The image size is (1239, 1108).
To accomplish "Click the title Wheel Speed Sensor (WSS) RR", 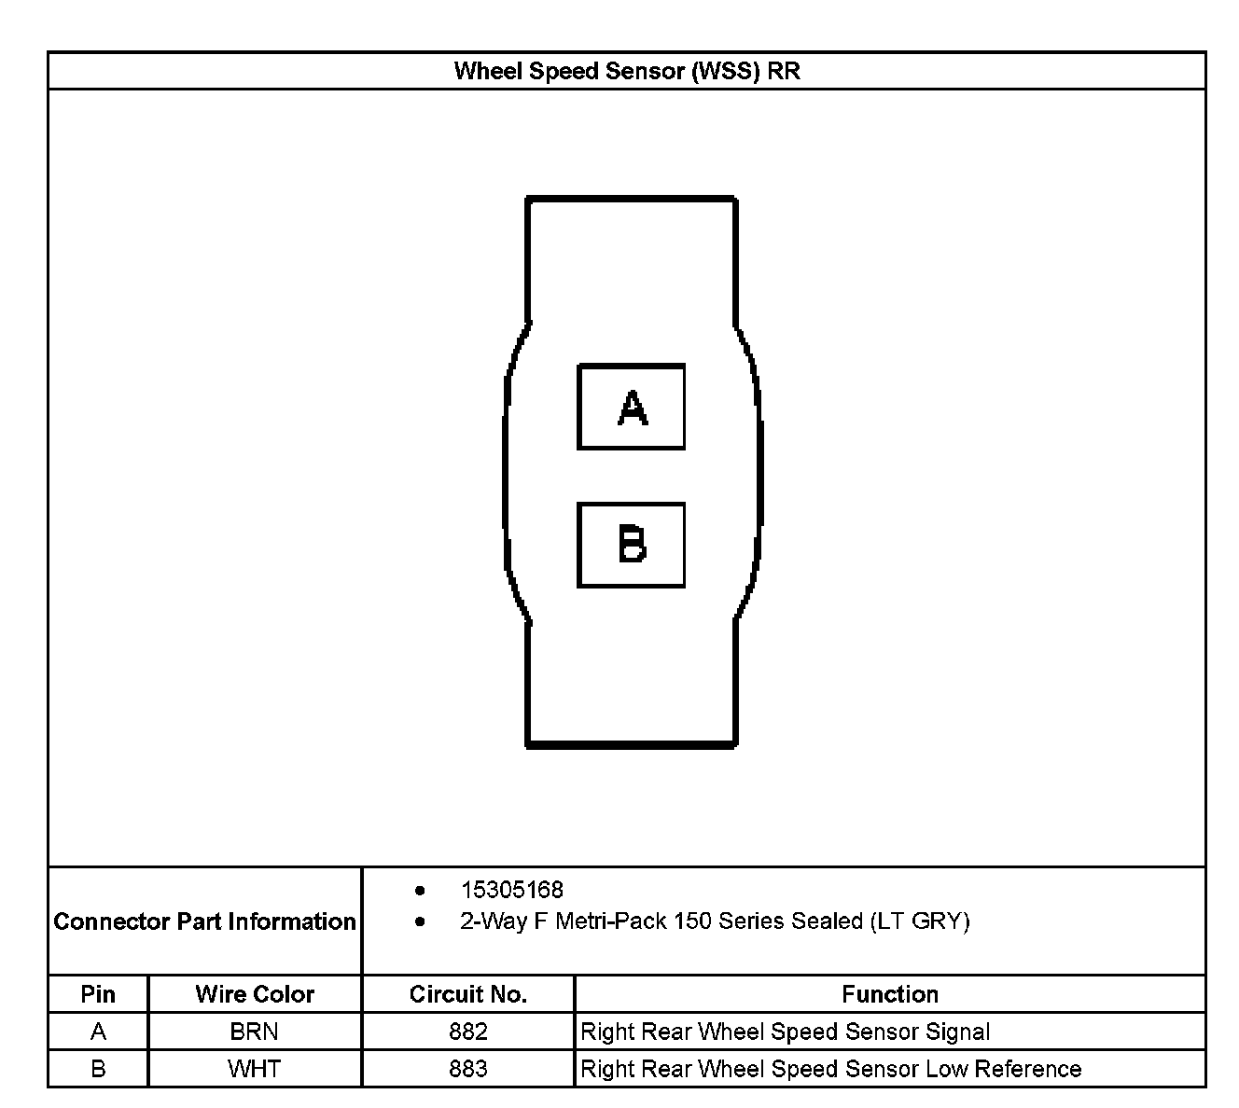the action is [x=626, y=71].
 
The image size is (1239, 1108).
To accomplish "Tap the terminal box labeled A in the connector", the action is [x=632, y=407].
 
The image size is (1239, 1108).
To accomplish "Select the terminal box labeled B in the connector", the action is [x=632, y=545].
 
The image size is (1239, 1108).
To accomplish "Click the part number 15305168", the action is [x=512, y=890].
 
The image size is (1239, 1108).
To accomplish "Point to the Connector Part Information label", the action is [x=204, y=921].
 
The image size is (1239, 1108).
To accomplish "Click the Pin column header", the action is [x=98, y=994].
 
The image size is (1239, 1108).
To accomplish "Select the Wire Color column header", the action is [x=255, y=994].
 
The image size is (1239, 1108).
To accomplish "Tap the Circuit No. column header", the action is [x=467, y=994].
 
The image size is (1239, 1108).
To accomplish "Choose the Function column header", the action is [x=890, y=994].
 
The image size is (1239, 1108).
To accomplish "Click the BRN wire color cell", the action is [x=255, y=1032].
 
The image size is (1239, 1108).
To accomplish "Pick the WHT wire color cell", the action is [x=255, y=1069].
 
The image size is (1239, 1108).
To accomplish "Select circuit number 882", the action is [x=467, y=1032].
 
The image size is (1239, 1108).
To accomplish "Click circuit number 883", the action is [x=467, y=1069].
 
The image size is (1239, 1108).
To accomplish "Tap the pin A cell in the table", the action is [x=98, y=1032].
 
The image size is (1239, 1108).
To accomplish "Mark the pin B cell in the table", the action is [x=98, y=1069].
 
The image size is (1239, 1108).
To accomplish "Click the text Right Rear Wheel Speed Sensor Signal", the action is [x=786, y=1032].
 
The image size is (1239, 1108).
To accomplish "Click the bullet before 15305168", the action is [x=421, y=891].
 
